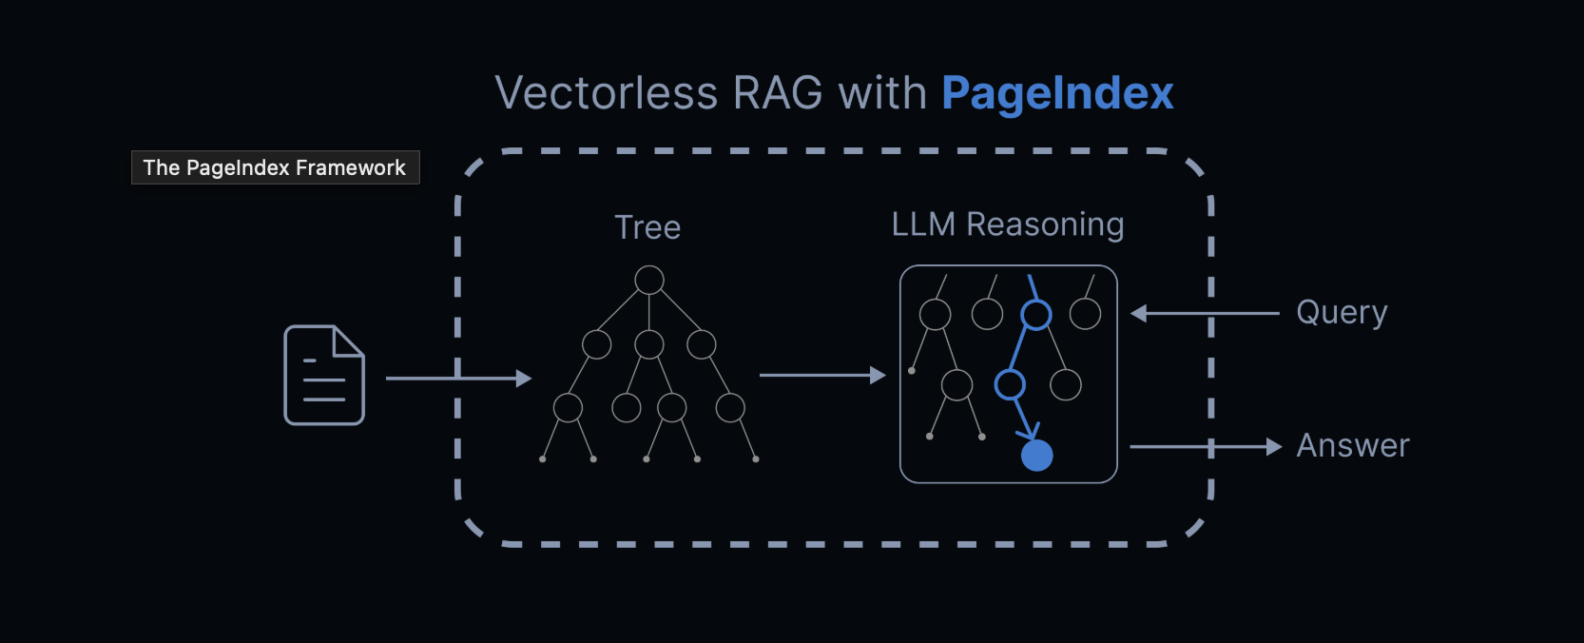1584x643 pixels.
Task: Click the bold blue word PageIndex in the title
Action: pyautogui.click(x=1057, y=93)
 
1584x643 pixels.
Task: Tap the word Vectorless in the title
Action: pyautogui.click(x=606, y=93)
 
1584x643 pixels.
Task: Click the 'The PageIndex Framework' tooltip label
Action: pyautogui.click(x=275, y=167)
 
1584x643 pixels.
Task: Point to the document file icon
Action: pyautogui.click(x=324, y=375)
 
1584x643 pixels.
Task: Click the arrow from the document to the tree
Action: pyautogui.click(x=457, y=379)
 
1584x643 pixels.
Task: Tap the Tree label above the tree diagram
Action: pyautogui.click(x=647, y=227)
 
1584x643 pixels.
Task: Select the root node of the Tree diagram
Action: pyautogui.click(x=649, y=280)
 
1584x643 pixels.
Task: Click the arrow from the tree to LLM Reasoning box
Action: pyautogui.click(x=821, y=376)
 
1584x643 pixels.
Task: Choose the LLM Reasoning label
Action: pyautogui.click(x=1008, y=224)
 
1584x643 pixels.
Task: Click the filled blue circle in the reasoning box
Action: pyautogui.click(x=1036, y=456)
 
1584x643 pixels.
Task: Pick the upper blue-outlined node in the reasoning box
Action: pyautogui.click(x=1036, y=315)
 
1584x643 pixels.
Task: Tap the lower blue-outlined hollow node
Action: pyautogui.click(x=1010, y=385)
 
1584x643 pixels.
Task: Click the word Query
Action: pyautogui.click(x=1342, y=313)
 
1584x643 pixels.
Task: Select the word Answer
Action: pyautogui.click(x=1352, y=446)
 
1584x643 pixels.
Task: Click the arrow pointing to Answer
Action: pyautogui.click(x=1205, y=447)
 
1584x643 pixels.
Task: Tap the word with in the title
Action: pyautogui.click(x=882, y=93)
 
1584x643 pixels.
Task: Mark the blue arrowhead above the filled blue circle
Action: pyautogui.click(x=1030, y=431)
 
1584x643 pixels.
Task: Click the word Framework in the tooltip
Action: pyautogui.click(x=350, y=167)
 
